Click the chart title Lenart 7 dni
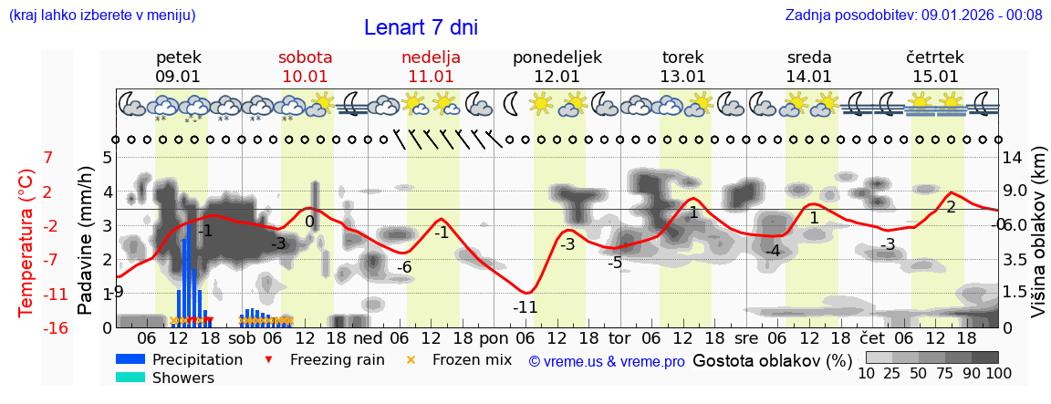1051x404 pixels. tap(421, 27)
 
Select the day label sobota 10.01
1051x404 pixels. tap(305, 67)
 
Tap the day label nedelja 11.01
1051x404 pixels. tap(431, 67)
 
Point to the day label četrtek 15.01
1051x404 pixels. tap(935, 67)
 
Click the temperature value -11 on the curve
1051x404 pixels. tap(525, 307)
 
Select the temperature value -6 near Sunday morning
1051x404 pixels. tap(404, 267)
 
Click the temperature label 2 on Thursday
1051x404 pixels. tap(951, 207)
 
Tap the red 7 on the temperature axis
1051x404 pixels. tap(48, 158)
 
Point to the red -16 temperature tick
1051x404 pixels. tap(56, 327)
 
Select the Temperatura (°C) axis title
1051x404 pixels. tap(27, 243)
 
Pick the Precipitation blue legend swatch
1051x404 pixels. tap(130, 359)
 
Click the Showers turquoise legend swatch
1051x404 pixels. tap(130, 378)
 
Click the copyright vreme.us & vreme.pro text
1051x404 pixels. tap(607, 361)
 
